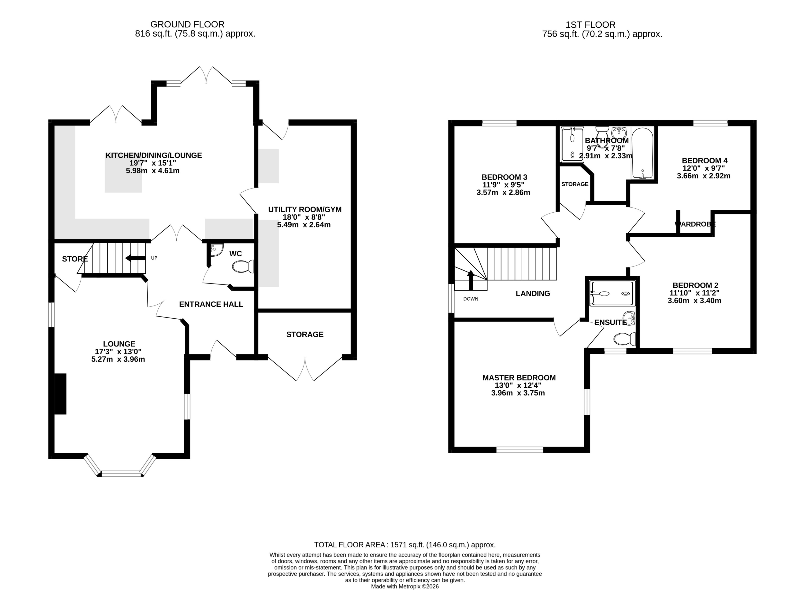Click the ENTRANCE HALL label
pyautogui.click(x=211, y=304)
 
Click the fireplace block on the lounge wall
pyautogui.click(x=60, y=394)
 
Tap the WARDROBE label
pyautogui.click(x=695, y=224)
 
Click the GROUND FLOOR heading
pyautogui.click(x=187, y=24)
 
